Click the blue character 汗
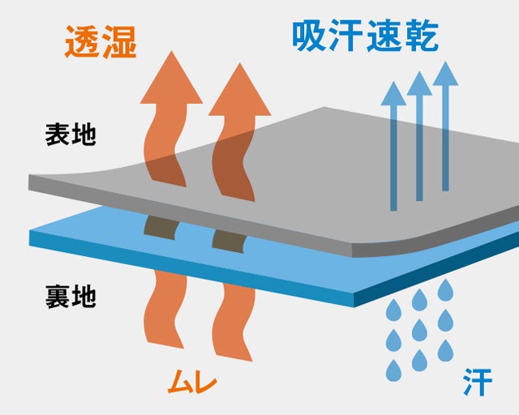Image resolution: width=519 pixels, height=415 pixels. point(478,383)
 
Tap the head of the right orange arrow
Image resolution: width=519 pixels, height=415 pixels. point(239,85)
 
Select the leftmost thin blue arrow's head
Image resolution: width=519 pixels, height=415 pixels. point(393,93)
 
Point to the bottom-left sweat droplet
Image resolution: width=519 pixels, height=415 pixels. point(393,370)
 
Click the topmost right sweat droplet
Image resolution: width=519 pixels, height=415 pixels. point(445,289)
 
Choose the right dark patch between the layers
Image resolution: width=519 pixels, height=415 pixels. point(229,237)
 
